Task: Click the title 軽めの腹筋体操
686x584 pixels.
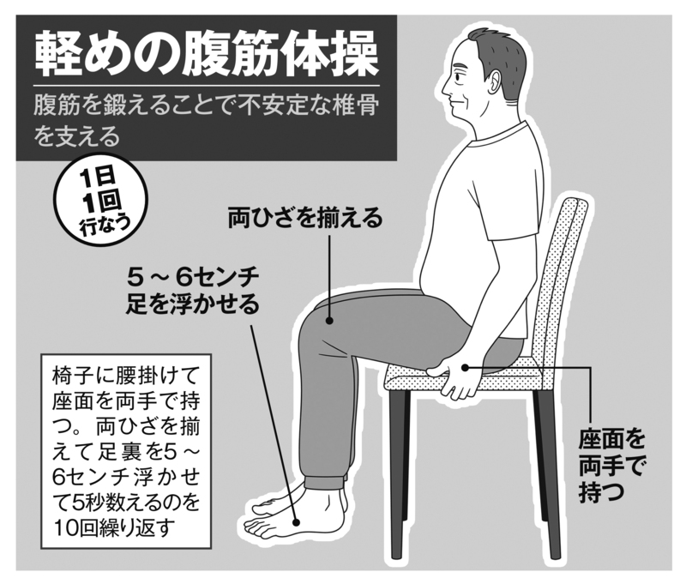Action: point(207,56)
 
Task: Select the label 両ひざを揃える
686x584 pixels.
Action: point(305,219)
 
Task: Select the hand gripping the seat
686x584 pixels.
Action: point(456,376)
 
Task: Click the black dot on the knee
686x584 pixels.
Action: point(329,321)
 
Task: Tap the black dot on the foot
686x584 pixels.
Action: point(296,522)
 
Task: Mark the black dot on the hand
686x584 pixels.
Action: point(466,367)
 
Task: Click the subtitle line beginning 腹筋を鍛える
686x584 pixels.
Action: point(206,106)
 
